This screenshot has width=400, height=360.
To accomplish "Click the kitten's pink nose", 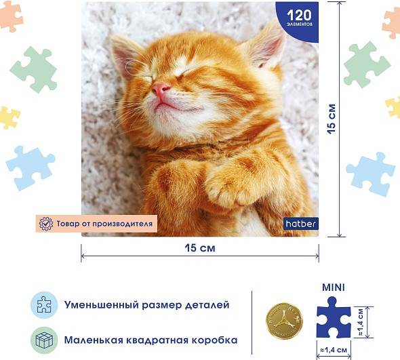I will [x=161, y=89].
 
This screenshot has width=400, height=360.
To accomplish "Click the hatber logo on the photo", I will [x=300, y=222].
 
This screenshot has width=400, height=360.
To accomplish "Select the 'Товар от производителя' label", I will [x=96, y=222].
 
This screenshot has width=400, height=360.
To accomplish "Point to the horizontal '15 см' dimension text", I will [x=199, y=248].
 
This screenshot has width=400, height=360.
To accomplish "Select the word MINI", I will [x=332, y=287].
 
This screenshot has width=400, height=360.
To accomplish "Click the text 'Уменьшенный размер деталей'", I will [x=146, y=305].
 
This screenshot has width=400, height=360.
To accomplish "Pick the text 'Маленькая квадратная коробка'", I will [x=151, y=339].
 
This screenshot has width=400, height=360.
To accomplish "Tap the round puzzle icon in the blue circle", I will [x=44, y=305].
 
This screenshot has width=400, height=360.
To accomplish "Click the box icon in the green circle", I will [x=44, y=339].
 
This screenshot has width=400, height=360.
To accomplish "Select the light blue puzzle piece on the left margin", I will [x=30, y=167].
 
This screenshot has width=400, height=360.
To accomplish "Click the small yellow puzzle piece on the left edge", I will [x=8, y=117].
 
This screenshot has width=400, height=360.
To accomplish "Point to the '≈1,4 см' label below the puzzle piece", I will [x=334, y=350].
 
